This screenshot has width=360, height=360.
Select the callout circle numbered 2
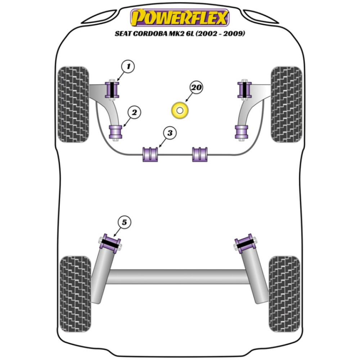134,113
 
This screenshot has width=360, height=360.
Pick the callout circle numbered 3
170,133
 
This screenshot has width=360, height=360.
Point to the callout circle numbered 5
124,222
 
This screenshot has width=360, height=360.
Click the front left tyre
73,104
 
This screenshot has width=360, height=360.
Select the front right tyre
286,104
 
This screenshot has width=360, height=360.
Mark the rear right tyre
284,294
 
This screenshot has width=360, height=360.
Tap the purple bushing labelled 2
116,132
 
